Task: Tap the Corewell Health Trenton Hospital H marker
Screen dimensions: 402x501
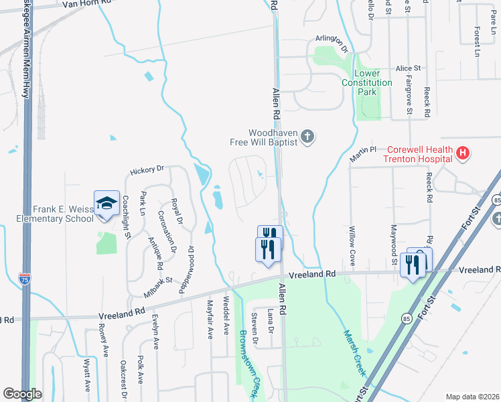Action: pyautogui.click(x=462, y=154)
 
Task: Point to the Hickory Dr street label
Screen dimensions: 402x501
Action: pyautogui.click(x=147, y=170)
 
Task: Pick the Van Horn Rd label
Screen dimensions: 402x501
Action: pyautogui.click(x=85, y=3)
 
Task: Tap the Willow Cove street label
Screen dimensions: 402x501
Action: pyautogui.click(x=351, y=245)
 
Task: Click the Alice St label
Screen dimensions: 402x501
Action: pyautogui.click(x=408, y=68)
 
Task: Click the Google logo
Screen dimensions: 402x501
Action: pyautogui.click(x=22, y=394)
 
